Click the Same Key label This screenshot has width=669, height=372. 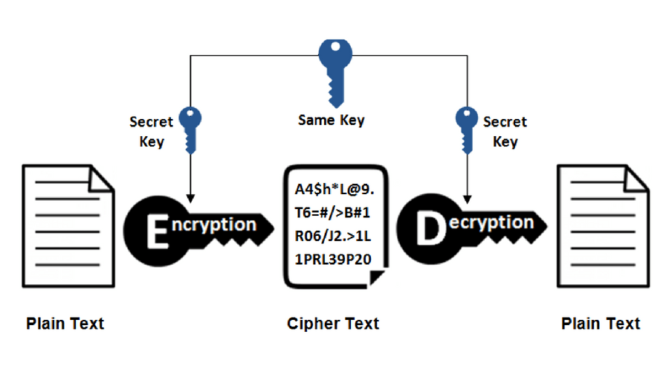[x=332, y=120]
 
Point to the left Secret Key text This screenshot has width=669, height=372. [x=151, y=132]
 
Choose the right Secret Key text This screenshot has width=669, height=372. [x=505, y=132]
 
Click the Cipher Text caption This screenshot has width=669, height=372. [x=333, y=324]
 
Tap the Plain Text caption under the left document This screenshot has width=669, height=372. [x=65, y=324]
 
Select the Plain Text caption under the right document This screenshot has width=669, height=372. [x=601, y=324]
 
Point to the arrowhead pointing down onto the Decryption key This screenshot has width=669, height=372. [x=466, y=199]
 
